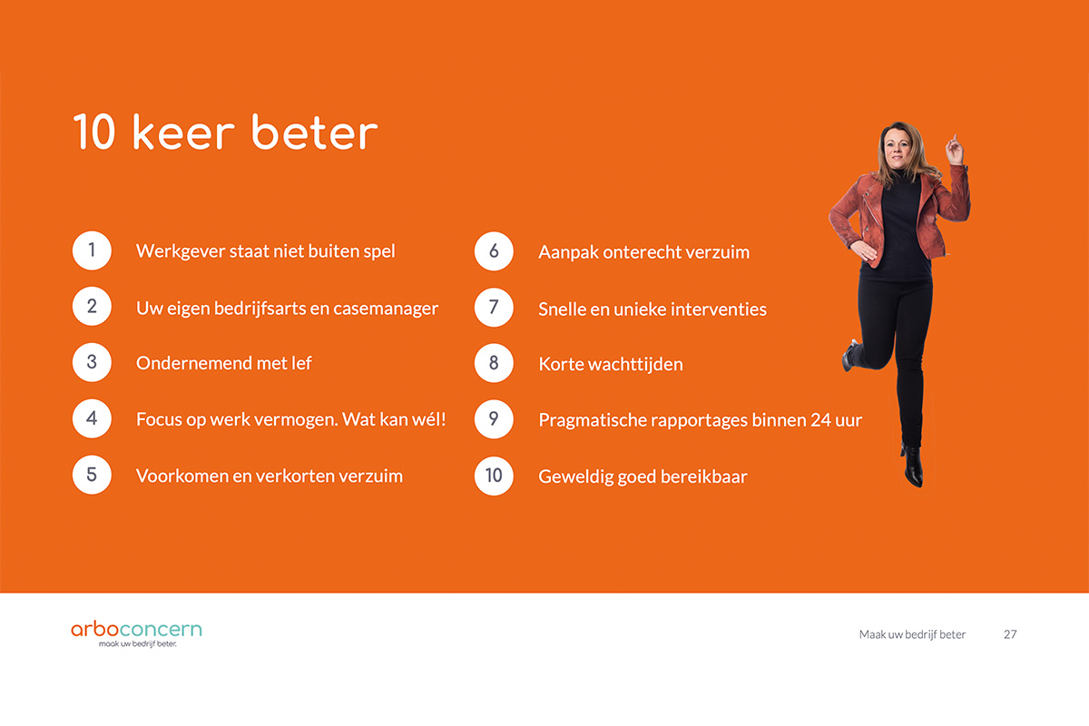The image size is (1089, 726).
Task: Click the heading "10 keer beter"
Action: pos(226,132)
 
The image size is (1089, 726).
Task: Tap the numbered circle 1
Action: pos(92,250)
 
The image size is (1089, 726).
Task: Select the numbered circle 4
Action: pos(92,418)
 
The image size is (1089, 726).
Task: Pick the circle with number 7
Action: pos(494,308)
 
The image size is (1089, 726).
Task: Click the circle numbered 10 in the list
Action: pos(494,476)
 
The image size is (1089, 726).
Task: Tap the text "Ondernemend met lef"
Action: pos(223,363)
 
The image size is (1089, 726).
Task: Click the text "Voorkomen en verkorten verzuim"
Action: pos(270,476)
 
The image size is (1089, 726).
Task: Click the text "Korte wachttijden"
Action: pos(611,364)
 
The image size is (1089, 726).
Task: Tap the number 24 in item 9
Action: pos(820,420)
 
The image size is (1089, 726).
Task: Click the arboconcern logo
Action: pos(137,633)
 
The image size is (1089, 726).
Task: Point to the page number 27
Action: pos(1010,634)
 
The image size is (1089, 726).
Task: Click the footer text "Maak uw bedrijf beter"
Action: pos(912,634)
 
